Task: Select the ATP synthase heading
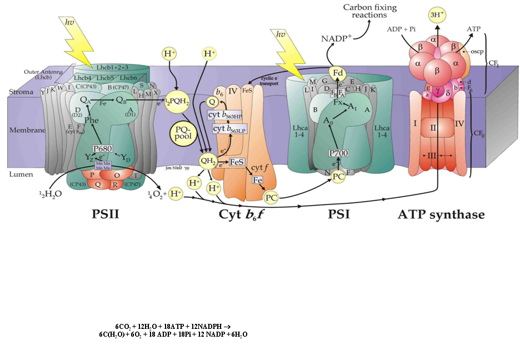(x=441, y=214)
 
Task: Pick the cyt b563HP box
(x=228, y=114)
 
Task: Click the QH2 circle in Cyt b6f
(x=208, y=161)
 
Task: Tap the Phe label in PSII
(x=91, y=119)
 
